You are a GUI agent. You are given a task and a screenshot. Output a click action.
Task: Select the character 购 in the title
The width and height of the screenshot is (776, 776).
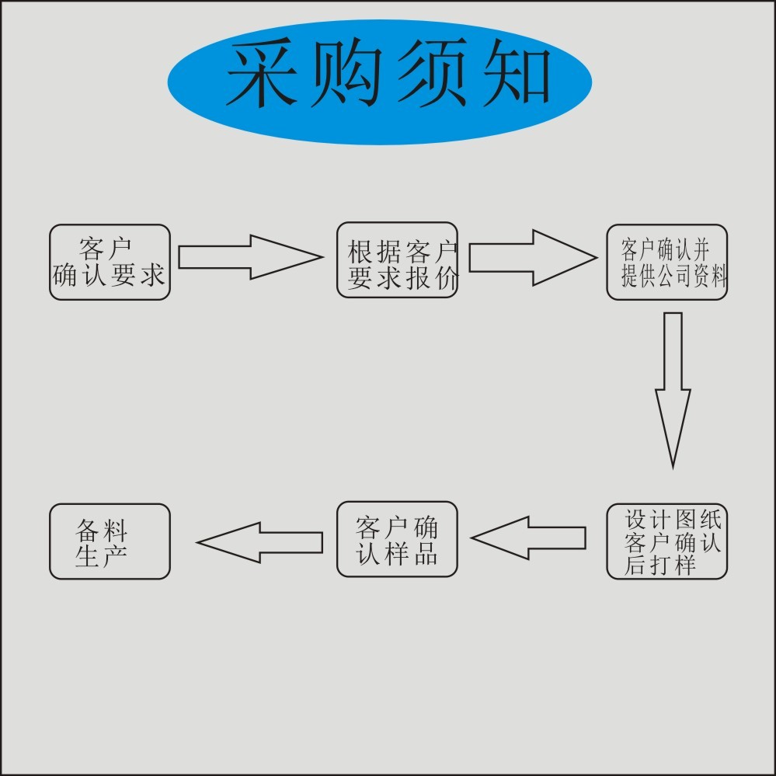[346, 75]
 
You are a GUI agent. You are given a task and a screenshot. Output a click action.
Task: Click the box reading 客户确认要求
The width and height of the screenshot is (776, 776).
[110, 263]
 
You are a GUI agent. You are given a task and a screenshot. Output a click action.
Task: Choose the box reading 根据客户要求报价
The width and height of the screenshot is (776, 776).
[397, 260]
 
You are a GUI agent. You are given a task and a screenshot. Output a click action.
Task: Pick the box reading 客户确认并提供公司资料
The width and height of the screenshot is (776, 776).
[666, 263]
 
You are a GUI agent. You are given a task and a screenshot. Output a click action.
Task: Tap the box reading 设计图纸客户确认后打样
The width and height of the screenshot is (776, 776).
[666, 541]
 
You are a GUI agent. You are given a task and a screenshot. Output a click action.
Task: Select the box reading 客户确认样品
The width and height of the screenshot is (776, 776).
[397, 539]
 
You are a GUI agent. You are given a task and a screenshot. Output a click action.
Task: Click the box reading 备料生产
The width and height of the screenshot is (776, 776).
[110, 541]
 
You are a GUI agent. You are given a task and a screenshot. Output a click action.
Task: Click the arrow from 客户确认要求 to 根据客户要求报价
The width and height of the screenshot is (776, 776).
[249, 257]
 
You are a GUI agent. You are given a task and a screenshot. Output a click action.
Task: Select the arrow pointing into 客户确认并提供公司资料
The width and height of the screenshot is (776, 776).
[532, 257]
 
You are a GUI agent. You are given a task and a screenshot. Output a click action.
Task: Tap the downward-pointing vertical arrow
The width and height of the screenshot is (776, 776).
[673, 388]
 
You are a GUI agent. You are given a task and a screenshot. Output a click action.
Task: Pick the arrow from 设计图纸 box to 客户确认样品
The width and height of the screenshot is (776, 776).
[528, 538]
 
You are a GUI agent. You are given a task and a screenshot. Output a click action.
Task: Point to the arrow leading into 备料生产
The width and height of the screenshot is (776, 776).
[260, 542]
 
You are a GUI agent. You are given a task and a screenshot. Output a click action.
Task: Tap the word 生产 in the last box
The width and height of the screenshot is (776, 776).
[102, 556]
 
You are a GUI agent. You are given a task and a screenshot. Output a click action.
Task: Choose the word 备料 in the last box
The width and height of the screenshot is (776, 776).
[102, 531]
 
